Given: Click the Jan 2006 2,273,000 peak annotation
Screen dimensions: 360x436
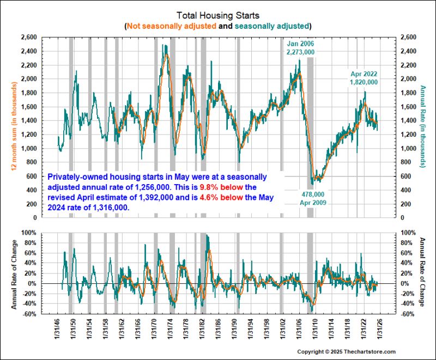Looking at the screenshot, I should [x=301, y=47].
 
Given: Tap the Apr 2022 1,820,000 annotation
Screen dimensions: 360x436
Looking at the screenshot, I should [x=364, y=78].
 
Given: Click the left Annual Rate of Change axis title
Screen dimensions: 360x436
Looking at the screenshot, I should [x=13, y=273].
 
